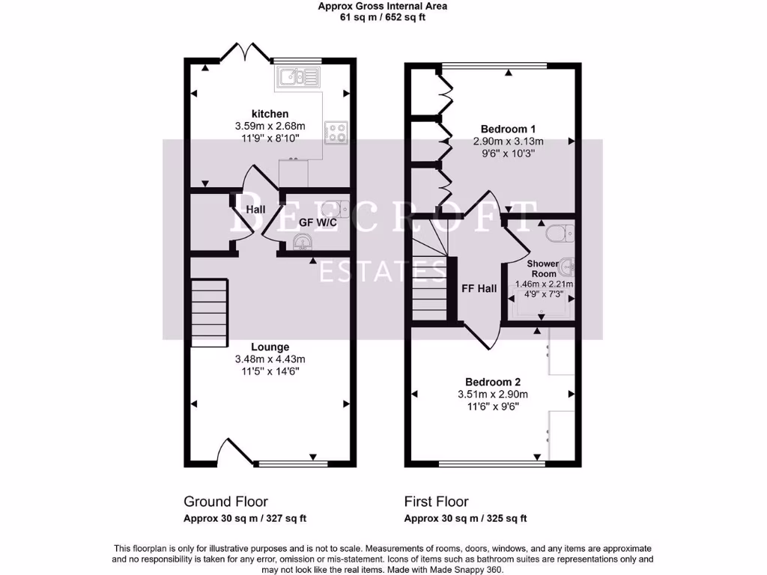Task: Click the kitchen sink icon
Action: coord(297,76)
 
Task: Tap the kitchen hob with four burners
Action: coord(335,132)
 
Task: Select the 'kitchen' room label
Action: coord(270,114)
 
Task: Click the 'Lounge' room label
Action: coord(270,347)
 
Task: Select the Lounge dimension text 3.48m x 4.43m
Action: coord(270,359)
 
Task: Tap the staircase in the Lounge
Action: coord(209,311)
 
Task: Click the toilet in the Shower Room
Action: coord(558,234)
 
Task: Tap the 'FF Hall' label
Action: coord(479,288)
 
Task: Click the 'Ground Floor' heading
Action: coord(225,502)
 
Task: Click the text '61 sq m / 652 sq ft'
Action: coord(383,17)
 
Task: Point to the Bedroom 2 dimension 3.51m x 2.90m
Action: coord(492,395)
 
